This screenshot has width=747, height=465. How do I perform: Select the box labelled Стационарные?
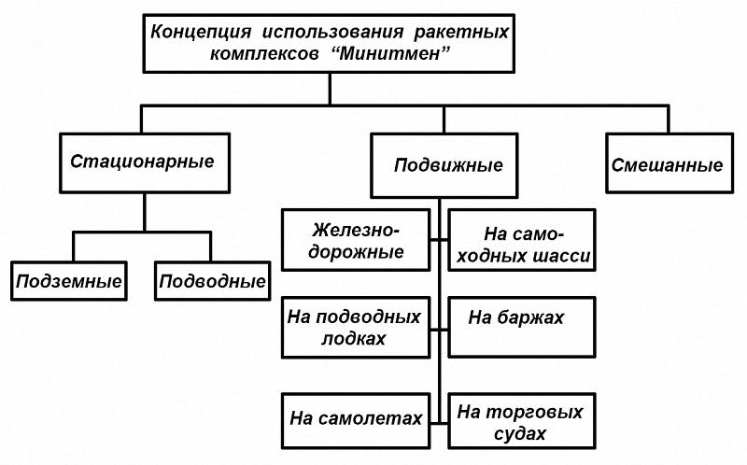tap(145, 163)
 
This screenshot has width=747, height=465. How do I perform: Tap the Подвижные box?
tap(444, 166)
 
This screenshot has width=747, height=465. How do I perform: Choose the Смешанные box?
tap(669, 163)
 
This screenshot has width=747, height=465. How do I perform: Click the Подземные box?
tap(69, 281)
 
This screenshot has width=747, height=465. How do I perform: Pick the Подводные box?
tap(213, 281)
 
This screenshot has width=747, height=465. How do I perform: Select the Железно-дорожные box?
tap(356, 240)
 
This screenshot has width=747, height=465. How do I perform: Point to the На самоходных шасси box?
tap(522, 240)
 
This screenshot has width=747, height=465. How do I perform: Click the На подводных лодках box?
tap(356, 328)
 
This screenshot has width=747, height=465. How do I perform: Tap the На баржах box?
tap(522, 328)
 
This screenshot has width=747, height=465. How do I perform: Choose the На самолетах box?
tap(356, 421)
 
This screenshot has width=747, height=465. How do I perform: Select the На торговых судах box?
tap(522, 421)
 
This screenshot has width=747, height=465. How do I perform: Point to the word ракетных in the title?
tap(461, 33)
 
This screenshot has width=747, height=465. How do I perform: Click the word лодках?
tap(354, 339)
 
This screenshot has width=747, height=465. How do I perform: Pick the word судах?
tap(520, 434)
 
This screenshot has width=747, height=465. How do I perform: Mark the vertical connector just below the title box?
tap(330, 89)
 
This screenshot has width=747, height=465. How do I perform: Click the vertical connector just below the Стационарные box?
tap(145, 213)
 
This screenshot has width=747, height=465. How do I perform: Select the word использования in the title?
tap(332, 33)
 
